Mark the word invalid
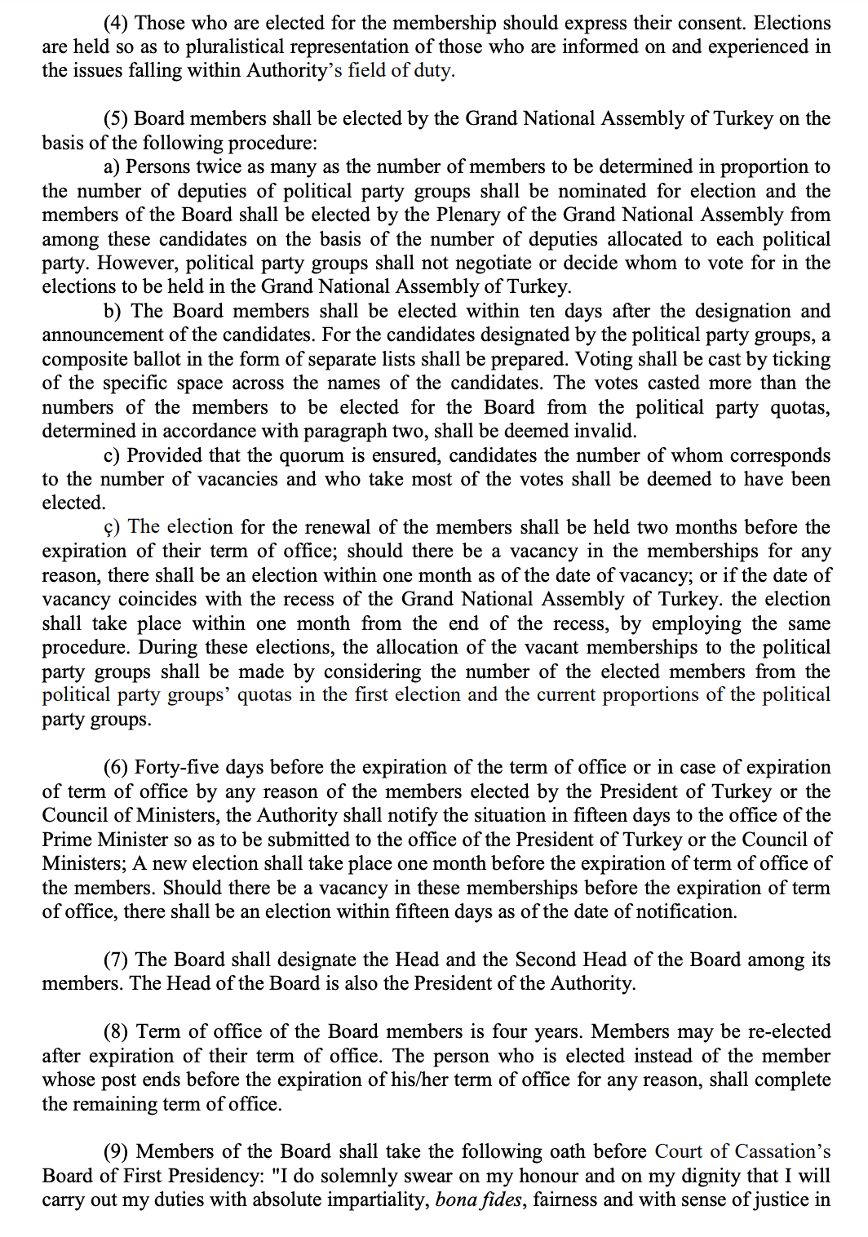605,431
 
